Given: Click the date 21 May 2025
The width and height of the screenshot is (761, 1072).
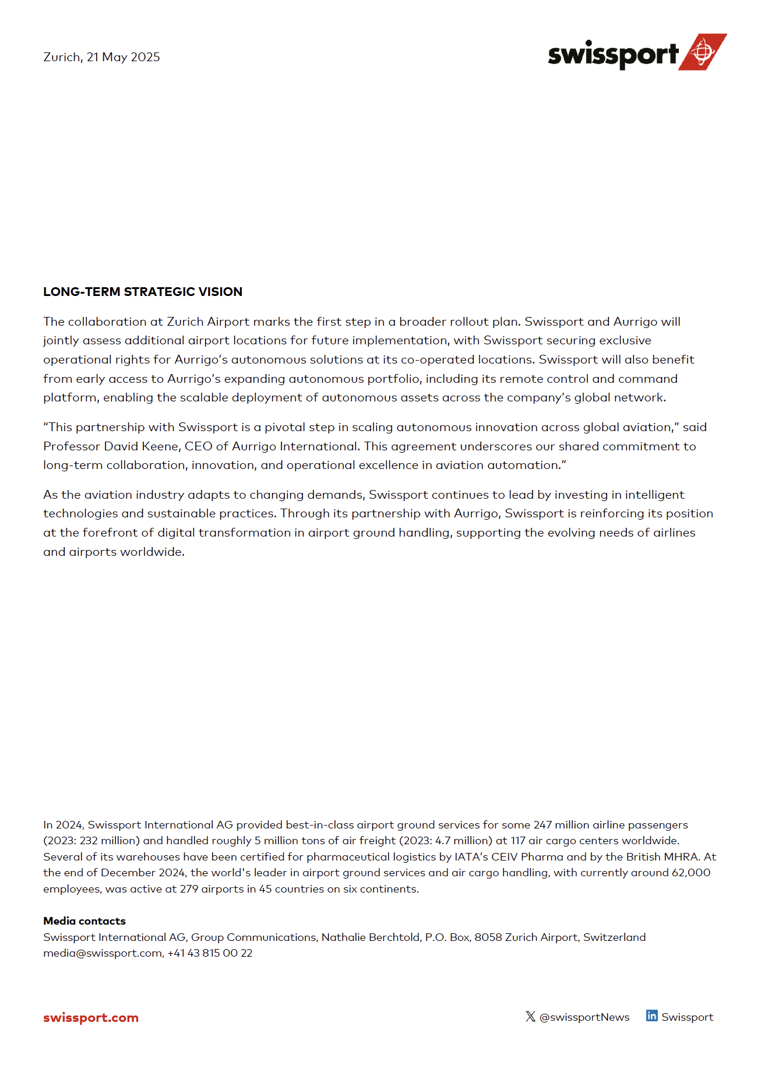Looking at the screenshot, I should pos(123,57).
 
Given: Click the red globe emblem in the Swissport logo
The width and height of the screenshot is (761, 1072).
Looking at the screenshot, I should pos(703,52).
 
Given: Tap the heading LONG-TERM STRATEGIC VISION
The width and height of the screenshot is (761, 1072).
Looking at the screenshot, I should pos(143,292).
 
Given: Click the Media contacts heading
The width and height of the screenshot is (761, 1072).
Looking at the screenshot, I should pos(84,921).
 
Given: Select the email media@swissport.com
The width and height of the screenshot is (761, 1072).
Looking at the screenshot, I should pos(103,953).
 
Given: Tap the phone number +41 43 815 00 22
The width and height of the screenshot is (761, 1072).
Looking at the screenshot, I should pos(210,953).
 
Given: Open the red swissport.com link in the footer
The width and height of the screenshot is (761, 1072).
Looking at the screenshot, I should pos(91,1018).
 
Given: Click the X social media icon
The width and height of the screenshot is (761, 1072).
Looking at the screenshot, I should pos(530,1017).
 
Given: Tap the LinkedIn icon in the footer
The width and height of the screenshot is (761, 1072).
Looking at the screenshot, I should pos(652,1016).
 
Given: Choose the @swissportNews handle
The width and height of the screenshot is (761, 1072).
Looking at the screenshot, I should pos(584,1017).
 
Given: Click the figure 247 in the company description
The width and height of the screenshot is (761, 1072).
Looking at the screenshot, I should pos(542,825).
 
